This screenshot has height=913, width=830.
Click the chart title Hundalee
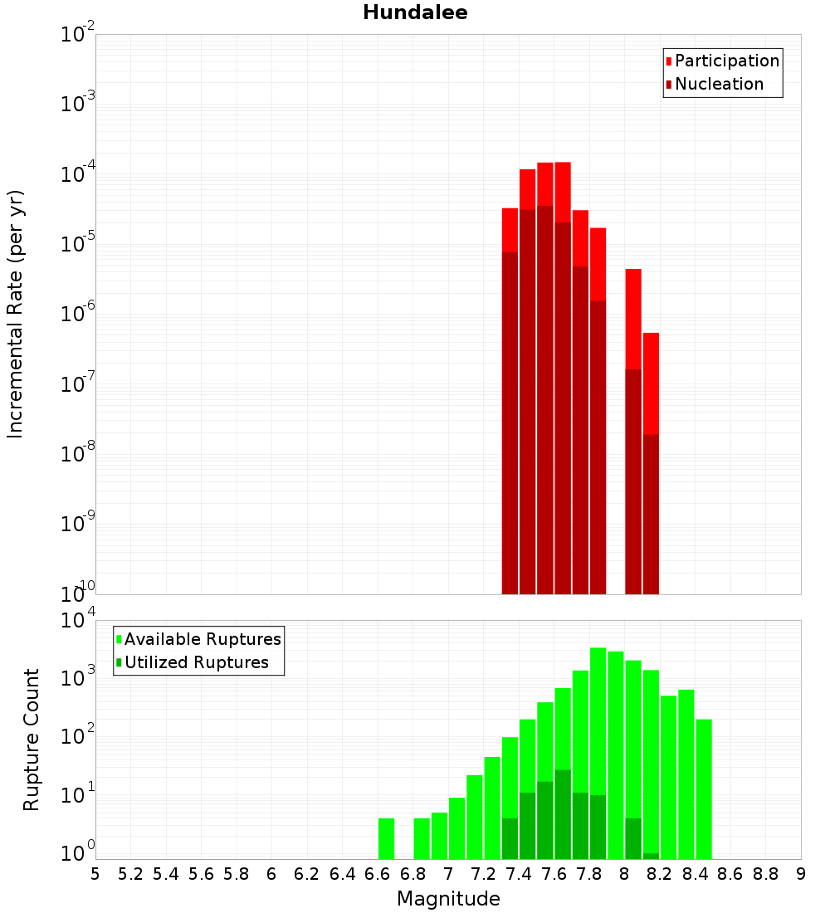415,12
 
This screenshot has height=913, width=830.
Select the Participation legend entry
726,61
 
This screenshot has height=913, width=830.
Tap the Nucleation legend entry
719,84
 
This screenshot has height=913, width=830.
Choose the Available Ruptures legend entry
202,639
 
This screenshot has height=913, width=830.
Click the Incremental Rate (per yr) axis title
16,314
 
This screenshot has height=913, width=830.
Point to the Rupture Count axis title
32,740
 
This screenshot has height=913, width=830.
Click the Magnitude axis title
448,899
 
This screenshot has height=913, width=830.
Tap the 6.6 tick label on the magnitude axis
378,874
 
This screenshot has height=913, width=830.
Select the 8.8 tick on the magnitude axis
765,874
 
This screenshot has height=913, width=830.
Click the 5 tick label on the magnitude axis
95,874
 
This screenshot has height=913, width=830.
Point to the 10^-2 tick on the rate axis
78,35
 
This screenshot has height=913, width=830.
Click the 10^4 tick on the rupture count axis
78,620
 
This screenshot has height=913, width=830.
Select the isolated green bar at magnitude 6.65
386,838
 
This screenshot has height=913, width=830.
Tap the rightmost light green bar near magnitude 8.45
704,788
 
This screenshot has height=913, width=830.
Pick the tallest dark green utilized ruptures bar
563,814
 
